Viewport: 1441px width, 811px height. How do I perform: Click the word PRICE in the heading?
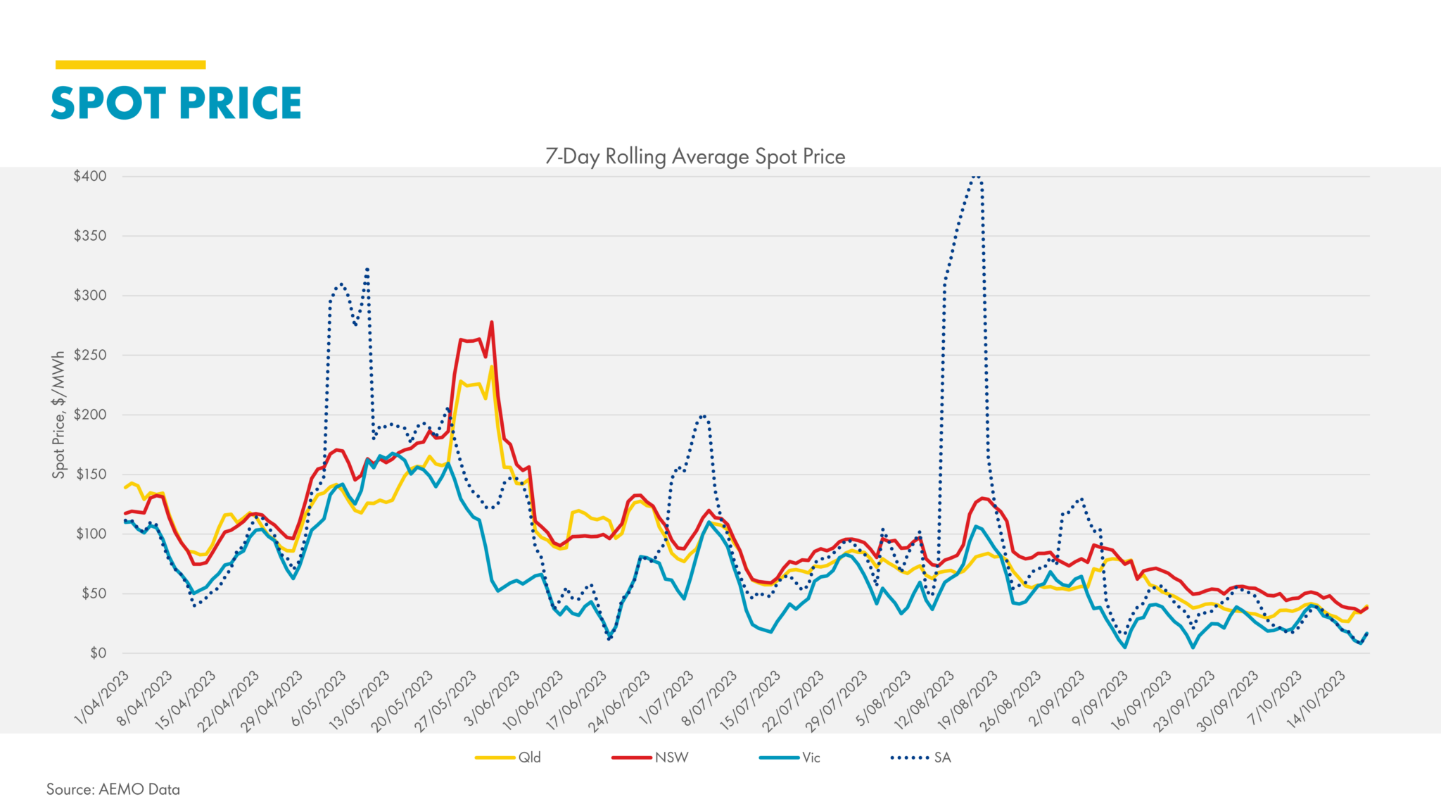240,103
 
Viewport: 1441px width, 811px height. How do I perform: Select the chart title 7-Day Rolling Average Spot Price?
695,156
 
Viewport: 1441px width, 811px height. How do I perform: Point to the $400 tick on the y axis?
90,176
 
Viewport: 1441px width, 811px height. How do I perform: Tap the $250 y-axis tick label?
90,355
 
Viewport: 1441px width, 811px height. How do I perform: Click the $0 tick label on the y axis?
98,653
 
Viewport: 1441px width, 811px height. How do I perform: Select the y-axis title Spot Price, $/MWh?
58,415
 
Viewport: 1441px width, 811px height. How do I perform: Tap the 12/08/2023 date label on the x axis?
925,700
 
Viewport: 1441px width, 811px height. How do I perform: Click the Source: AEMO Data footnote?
113,789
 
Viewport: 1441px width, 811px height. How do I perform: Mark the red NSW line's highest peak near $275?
491,322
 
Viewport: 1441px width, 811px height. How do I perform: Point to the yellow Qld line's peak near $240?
492,367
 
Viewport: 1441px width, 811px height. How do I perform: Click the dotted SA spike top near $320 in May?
367,268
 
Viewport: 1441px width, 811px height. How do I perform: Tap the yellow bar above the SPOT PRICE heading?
130,65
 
